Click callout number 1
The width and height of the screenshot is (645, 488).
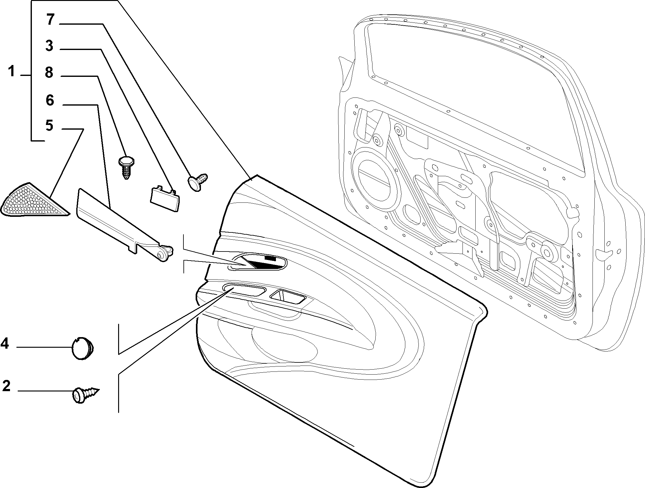coord(12,71)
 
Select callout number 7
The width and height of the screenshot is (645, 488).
coord(51,19)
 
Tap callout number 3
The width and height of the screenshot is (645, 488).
coord(49,46)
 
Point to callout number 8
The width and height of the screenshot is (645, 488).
coord(49,72)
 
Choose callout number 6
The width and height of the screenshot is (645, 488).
coord(50,100)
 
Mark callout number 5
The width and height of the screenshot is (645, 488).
coord(49,126)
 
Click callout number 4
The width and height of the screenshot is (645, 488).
coord(5,344)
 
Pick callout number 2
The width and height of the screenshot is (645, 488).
coord(6,386)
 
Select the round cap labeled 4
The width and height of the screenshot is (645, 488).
coord(82,349)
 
